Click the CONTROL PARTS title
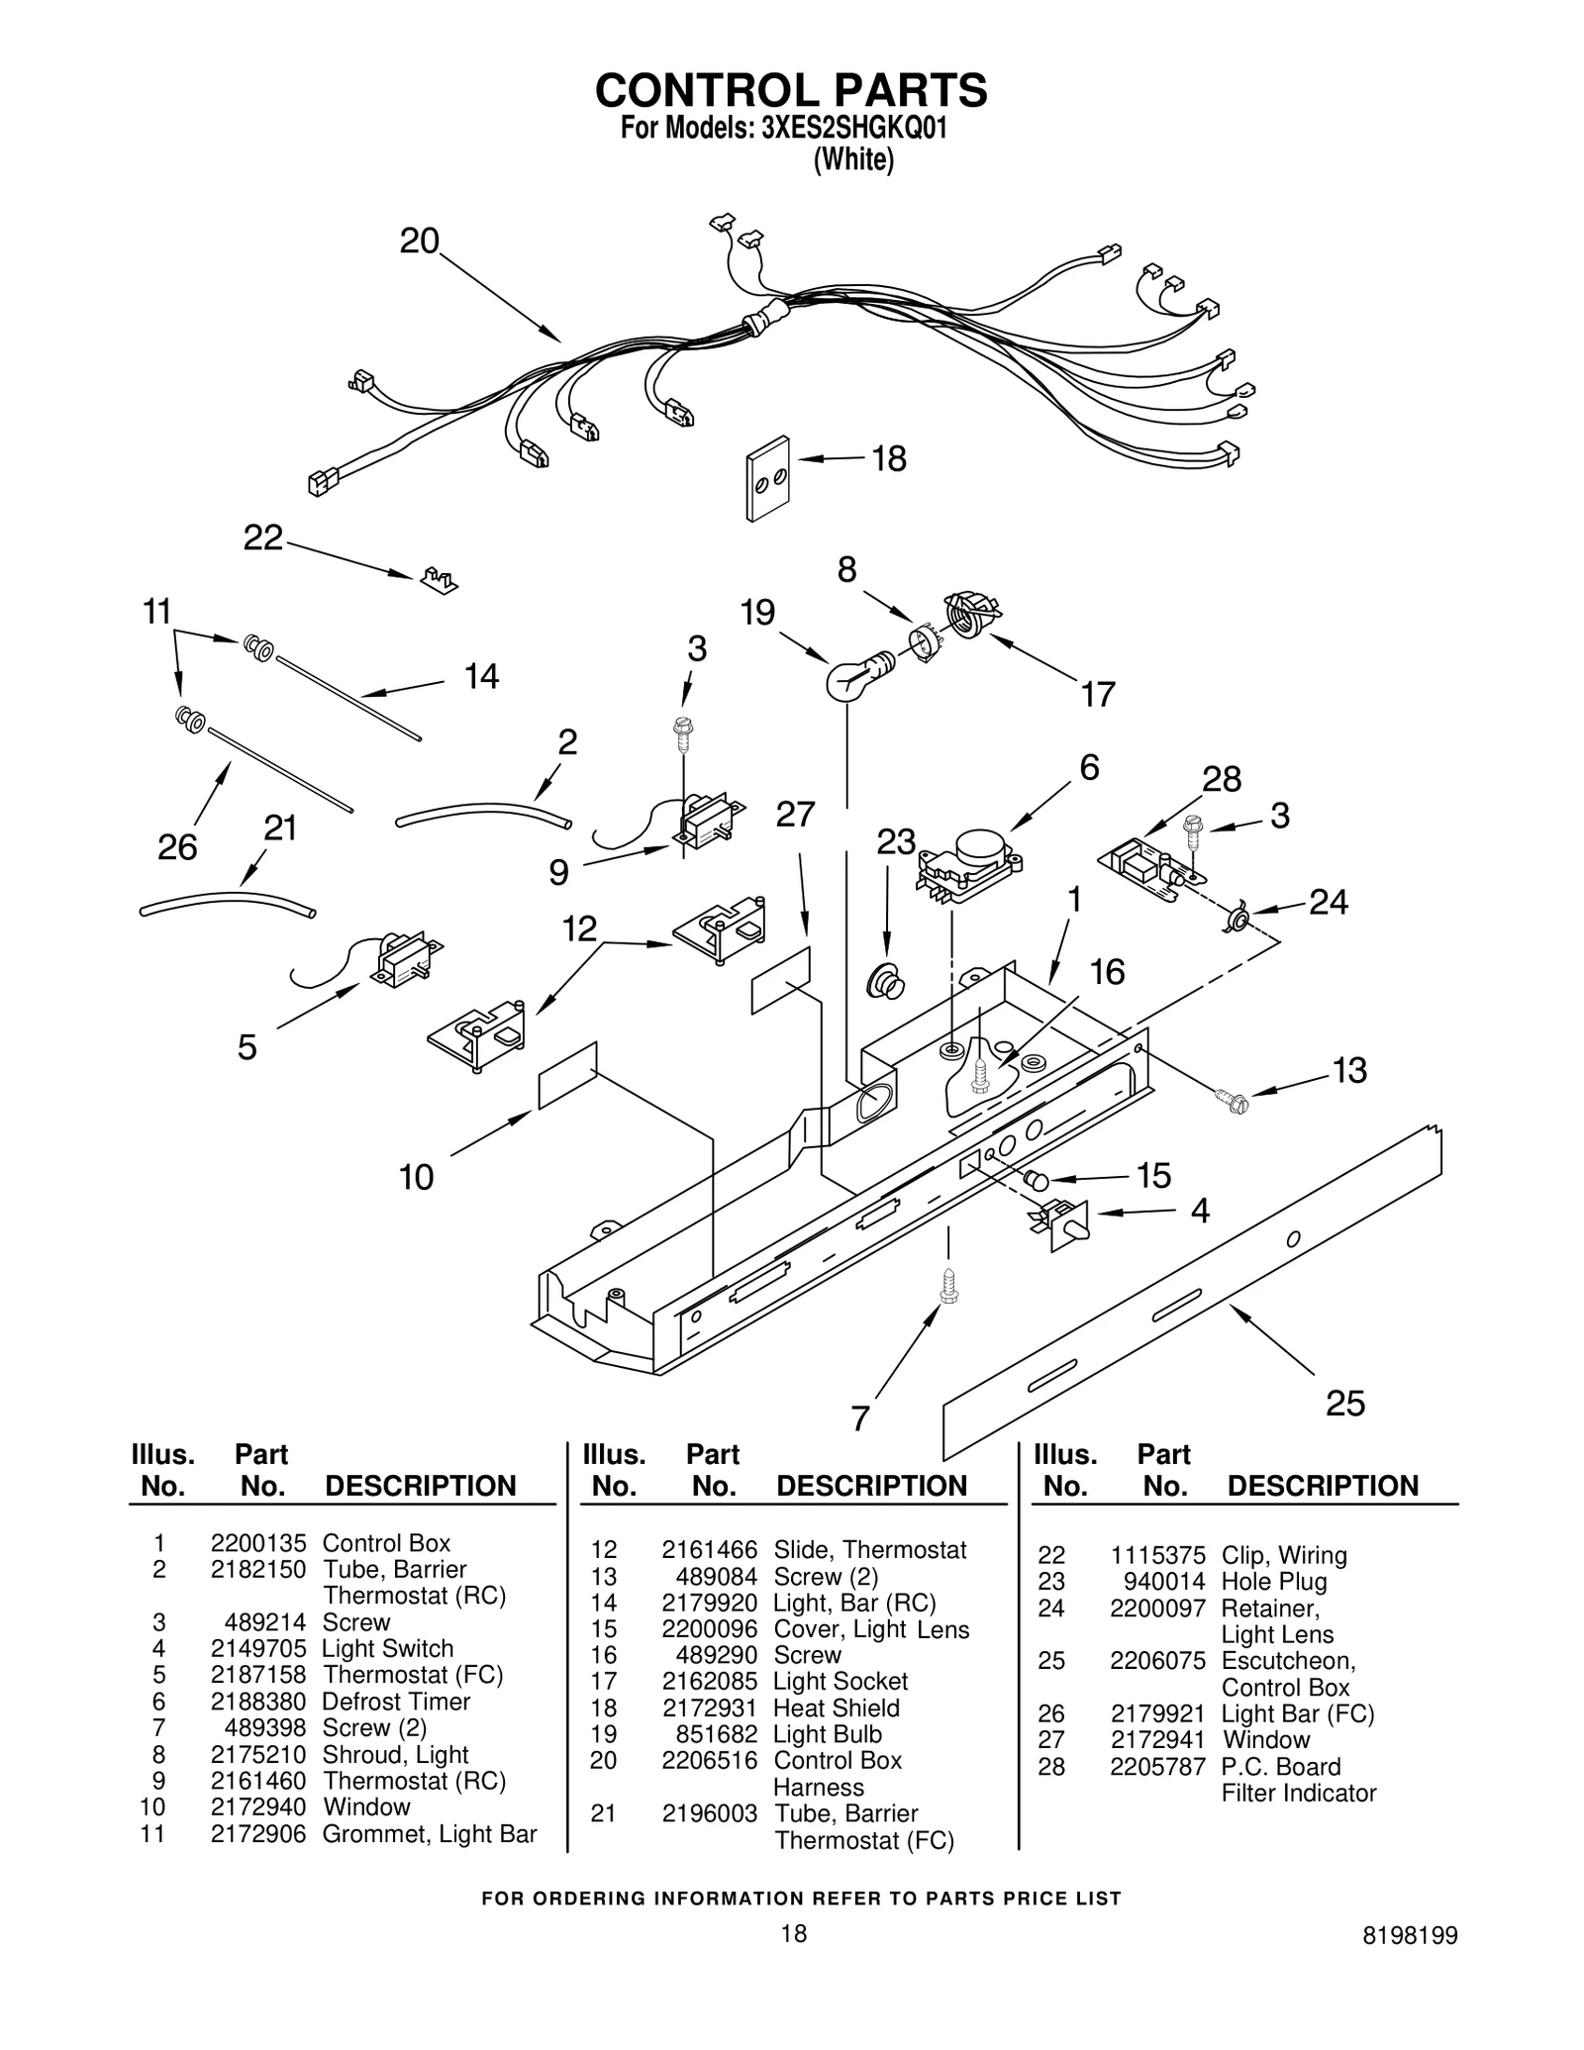coord(791,90)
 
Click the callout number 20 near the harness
coord(419,242)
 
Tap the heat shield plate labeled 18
coord(768,478)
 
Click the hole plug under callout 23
coord(886,983)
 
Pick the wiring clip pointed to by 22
coord(439,580)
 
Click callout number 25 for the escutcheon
coord(1344,1403)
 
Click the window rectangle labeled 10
coord(567,1076)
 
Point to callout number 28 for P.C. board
coord(1221,780)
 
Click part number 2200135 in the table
coord(257,1543)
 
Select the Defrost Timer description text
coord(396,1702)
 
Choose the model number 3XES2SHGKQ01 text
coord(854,129)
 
